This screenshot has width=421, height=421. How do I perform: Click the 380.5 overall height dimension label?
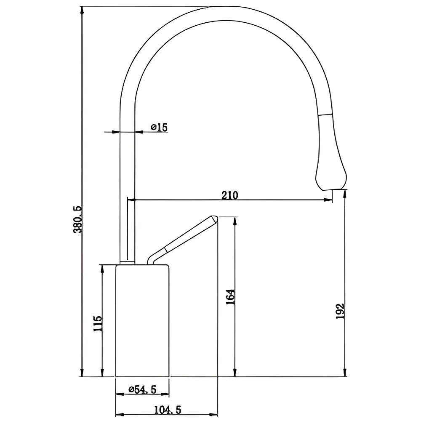click(78, 219)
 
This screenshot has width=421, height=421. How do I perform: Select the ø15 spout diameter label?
click(159, 127)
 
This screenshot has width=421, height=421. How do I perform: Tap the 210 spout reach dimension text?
click(230, 195)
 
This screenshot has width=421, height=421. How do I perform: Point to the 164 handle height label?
click(231, 297)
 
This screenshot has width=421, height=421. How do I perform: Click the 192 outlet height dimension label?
click(340, 311)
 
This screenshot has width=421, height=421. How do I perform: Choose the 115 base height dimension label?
click(98, 323)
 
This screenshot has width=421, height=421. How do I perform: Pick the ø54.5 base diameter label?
click(142, 389)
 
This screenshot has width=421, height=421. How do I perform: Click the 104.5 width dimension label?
click(168, 410)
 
